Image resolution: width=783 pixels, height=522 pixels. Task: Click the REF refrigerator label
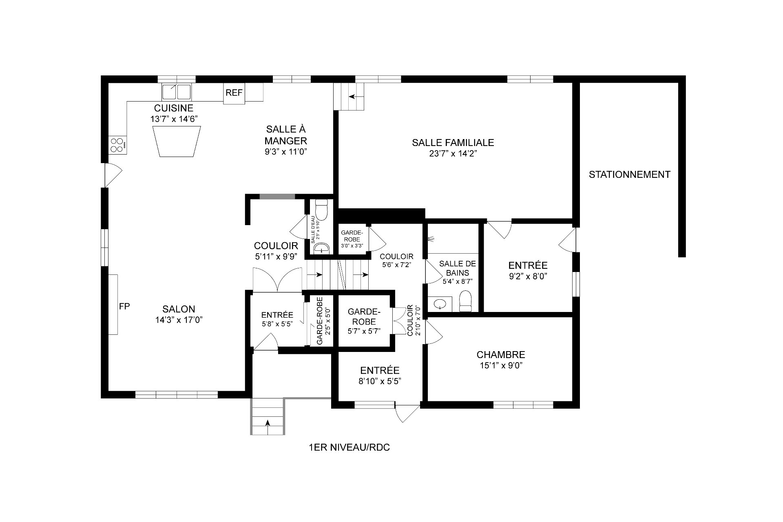coord(234,93)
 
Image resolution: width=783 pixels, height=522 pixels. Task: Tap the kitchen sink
coord(176,91)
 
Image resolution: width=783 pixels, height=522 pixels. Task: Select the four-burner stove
coord(117,145)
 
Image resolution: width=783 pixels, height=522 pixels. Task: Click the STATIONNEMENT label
coord(629,175)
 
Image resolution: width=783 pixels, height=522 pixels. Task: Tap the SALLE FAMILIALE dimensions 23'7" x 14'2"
coord(453,154)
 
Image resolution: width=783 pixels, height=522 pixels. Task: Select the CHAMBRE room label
coord(501,354)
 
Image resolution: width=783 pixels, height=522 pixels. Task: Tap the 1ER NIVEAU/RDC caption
coord(349,447)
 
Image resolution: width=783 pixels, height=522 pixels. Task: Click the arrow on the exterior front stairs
coord(268,423)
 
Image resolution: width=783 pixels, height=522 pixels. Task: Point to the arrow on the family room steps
coord(351,97)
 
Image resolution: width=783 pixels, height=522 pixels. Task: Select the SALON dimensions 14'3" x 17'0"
coord(179,320)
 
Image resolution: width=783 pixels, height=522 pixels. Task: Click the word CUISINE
coord(173,108)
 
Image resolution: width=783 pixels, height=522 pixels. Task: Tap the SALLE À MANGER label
coord(285,135)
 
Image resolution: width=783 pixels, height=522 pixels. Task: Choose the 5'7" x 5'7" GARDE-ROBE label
coord(364,316)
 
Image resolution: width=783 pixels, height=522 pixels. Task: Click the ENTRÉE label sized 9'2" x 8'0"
coord(528,265)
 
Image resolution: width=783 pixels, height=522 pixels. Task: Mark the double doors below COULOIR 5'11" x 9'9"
coord(277,280)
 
